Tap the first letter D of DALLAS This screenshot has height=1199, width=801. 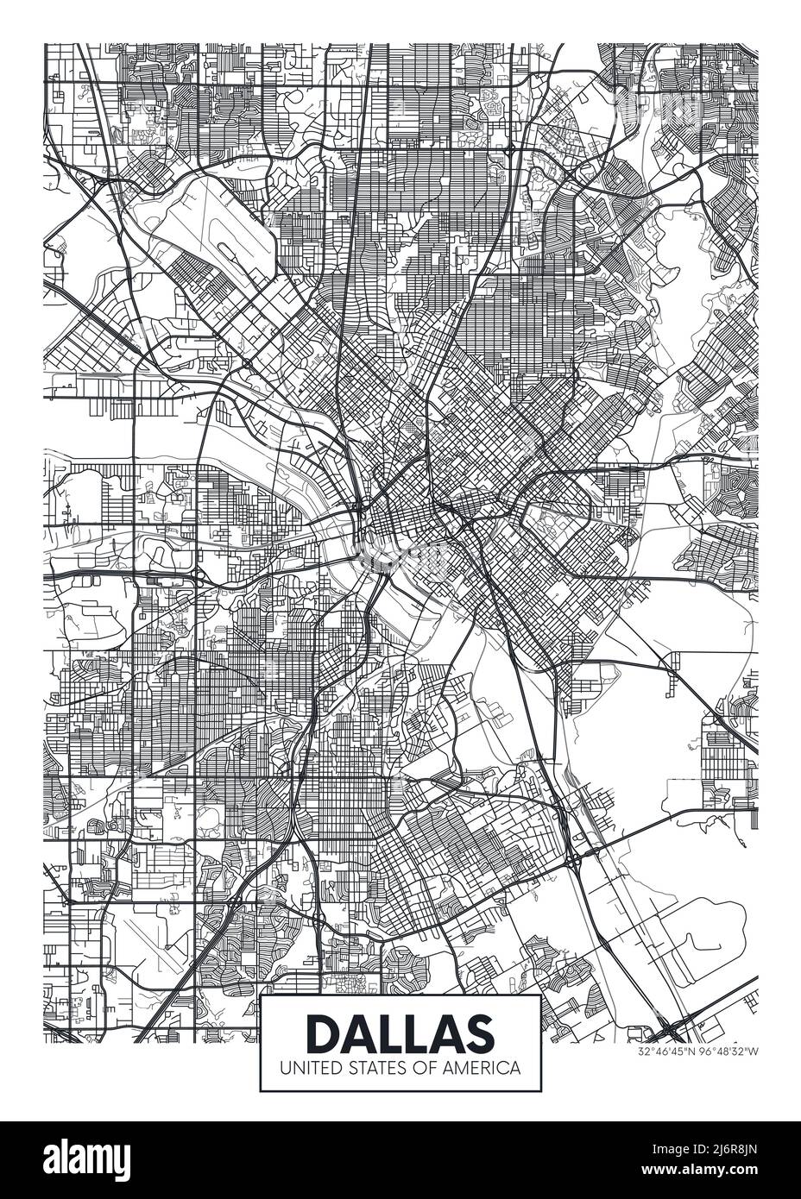pos(324,1032)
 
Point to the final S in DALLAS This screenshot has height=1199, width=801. pos(479,1032)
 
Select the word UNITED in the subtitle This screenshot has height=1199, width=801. pos(306,1067)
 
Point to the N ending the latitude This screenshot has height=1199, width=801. pos(696,1052)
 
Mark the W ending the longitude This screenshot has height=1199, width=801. pos(755,1052)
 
